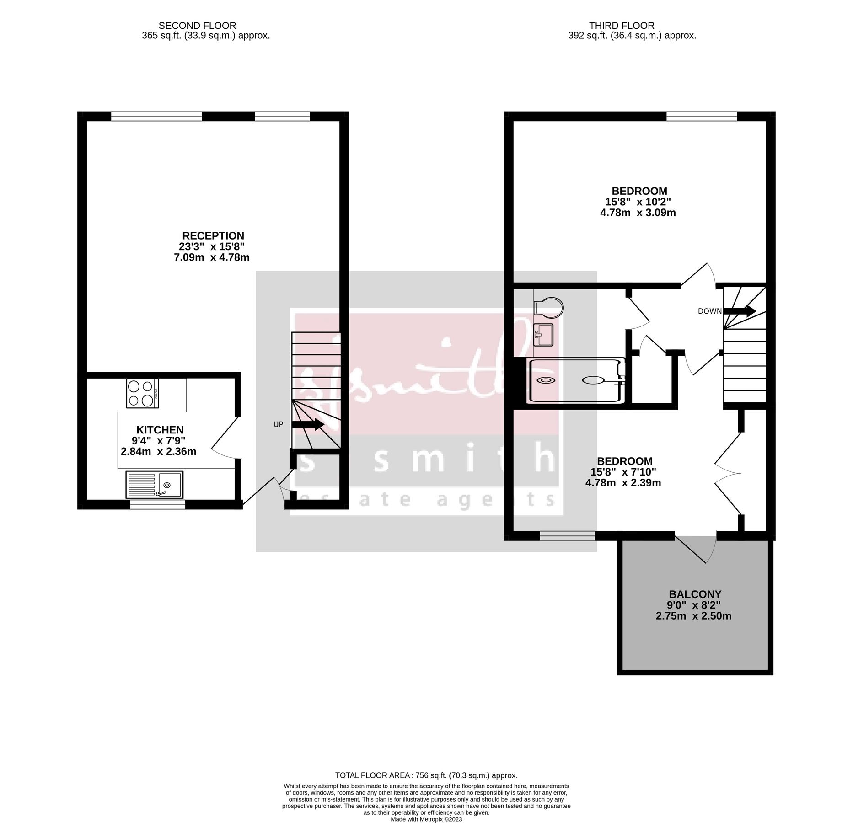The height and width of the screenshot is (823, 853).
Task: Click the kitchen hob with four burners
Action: click(142, 393)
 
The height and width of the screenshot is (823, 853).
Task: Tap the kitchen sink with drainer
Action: click(154, 485)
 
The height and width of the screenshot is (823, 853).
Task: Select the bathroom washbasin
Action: click(543, 335)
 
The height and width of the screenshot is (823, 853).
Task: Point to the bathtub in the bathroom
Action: click(576, 380)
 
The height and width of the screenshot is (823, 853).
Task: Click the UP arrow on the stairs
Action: click(308, 425)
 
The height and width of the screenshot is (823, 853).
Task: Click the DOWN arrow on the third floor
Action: click(739, 311)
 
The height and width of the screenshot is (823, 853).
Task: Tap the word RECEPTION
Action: click(213, 236)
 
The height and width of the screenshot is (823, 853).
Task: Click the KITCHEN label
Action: click(160, 430)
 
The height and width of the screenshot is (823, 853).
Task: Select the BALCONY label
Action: click(695, 594)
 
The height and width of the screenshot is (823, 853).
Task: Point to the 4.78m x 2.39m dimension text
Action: click(623, 483)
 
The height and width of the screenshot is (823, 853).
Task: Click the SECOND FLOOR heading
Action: click(197, 26)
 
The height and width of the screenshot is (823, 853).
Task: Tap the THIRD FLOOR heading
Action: click(622, 26)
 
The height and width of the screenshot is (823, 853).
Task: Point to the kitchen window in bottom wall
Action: click(158, 504)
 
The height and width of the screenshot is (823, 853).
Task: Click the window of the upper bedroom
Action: click(702, 116)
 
